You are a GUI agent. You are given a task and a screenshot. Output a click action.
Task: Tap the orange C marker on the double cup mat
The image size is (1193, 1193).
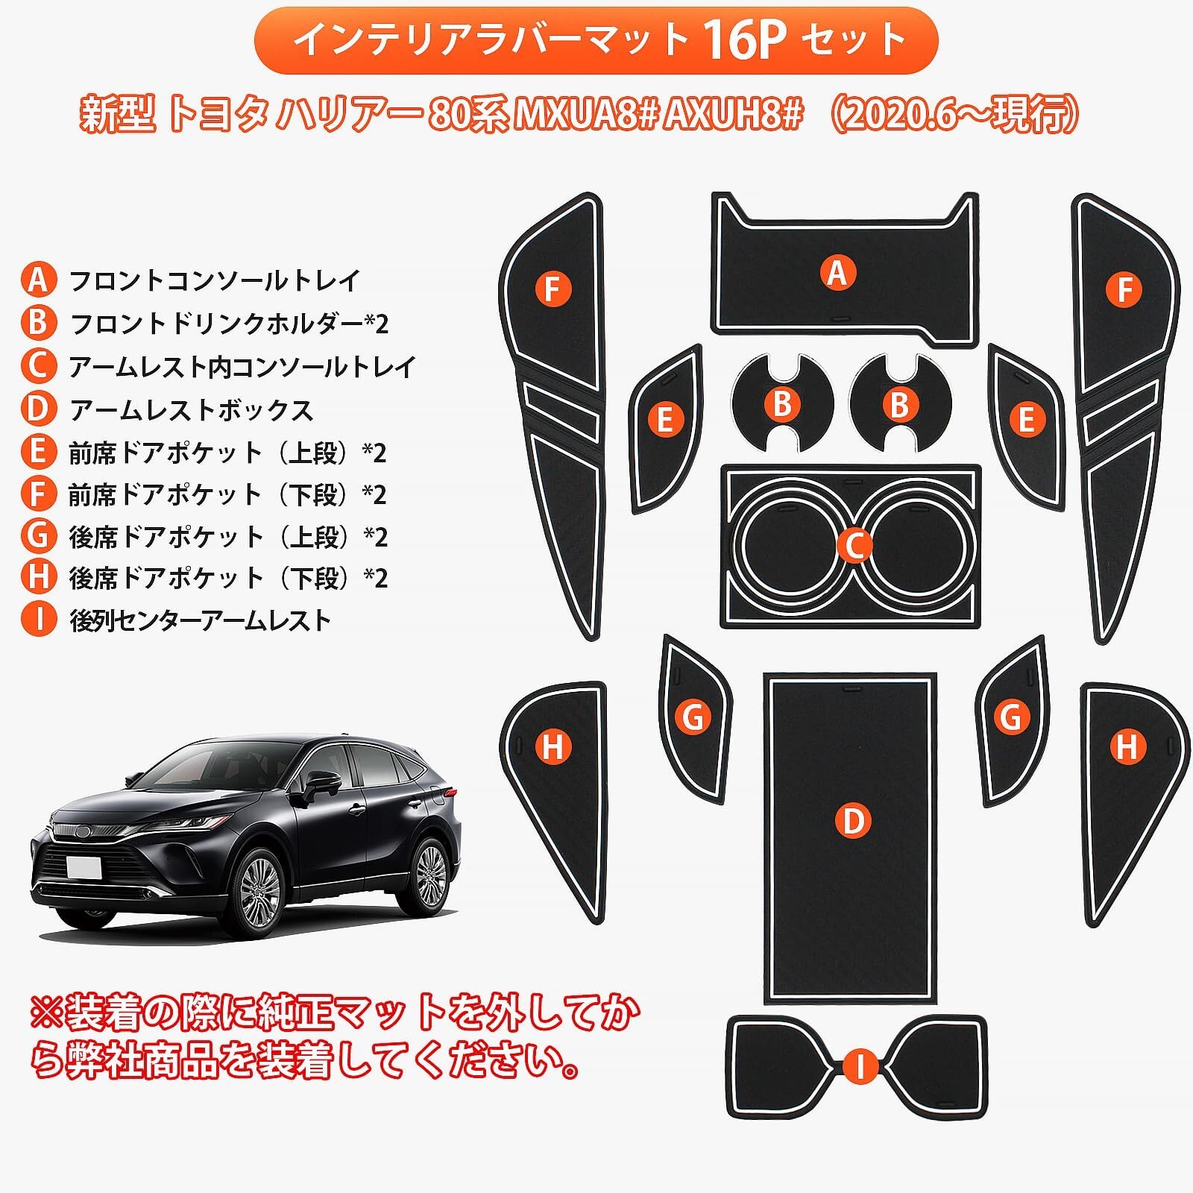pyautogui.click(x=854, y=546)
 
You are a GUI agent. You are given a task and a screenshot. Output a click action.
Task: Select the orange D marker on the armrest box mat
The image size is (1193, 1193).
pyautogui.click(x=852, y=821)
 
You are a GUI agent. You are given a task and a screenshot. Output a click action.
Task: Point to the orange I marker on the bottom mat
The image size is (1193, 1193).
pyautogui.click(x=860, y=1067)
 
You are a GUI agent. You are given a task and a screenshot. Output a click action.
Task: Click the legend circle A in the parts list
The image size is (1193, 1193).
pyautogui.click(x=38, y=280)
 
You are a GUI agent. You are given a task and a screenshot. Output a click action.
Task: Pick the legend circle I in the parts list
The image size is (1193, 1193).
pyautogui.click(x=38, y=620)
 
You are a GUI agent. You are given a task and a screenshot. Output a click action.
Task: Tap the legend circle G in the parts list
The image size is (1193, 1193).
pyautogui.click(x=38, y=536)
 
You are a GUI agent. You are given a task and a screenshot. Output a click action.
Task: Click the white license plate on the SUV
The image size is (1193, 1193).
pyautogui.click(x=84, y=869)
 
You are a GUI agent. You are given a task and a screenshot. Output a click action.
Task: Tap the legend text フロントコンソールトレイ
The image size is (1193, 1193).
pyautogui.click(x=215, y=280)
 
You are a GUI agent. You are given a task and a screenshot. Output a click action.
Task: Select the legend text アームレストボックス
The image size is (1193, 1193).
pyautogui.click(x=191, y=409)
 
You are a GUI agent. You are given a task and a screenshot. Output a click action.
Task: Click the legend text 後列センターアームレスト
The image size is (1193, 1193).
pyautogui.click(x=200, y=620)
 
